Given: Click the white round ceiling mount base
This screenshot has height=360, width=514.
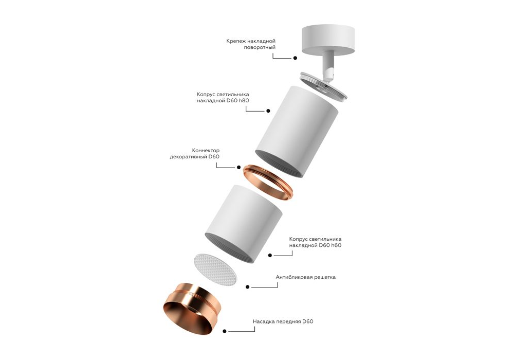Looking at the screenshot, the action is pos(328,39).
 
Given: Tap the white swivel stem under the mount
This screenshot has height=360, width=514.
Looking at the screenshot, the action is pos(328,66).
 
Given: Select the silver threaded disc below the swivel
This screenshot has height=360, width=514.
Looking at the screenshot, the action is pos(323,85).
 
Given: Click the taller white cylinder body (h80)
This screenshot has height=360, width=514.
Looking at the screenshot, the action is pos(297,132).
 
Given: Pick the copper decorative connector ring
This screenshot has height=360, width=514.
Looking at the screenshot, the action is pos(267,182).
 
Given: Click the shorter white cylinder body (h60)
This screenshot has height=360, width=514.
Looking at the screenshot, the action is pos(244,224).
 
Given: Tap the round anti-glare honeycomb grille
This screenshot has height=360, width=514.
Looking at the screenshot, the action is pos(215,269).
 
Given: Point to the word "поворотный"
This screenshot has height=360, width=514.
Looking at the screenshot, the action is pos(260,47).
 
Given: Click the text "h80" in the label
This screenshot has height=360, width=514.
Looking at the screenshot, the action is pos(244,100).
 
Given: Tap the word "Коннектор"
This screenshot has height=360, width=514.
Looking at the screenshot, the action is pos(206,151).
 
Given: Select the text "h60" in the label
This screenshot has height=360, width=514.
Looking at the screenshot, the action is pos(336,245).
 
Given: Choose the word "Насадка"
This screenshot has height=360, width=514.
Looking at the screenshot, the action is pos(264,321).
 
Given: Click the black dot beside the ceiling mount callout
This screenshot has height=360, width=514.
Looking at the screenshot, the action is pos(295,58).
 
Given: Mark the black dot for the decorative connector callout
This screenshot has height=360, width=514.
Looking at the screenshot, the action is pos(238,167).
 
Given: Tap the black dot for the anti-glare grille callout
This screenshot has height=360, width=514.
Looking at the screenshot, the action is pos(248,287).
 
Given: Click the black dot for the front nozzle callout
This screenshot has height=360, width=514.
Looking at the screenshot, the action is pos(225,331).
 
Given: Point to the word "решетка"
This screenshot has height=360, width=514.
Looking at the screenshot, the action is pos(325,277).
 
